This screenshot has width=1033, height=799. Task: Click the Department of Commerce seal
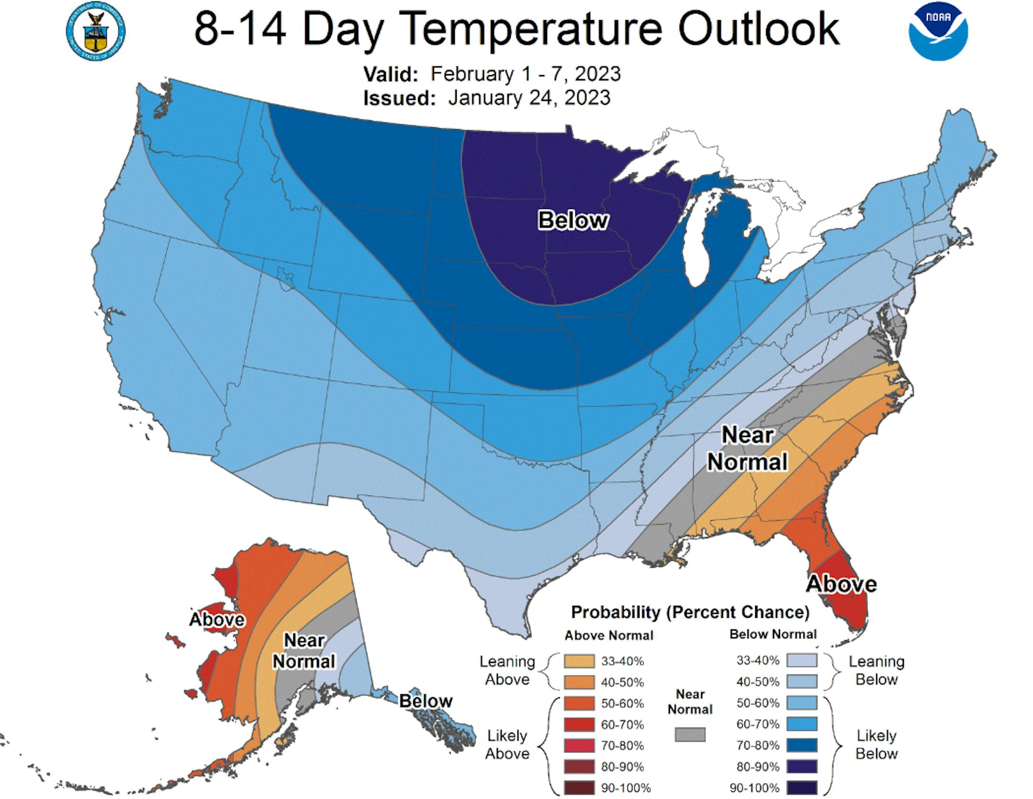[96, 33]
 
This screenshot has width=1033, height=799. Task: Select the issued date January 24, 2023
[529, 98]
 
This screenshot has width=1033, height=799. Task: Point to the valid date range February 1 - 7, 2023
[525, 74]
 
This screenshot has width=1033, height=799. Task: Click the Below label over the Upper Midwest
[573, 220]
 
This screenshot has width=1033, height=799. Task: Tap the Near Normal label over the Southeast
[747, 448]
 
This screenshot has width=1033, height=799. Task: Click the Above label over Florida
[841, 584]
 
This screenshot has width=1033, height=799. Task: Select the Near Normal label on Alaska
[304, 651]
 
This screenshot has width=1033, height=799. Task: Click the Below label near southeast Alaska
[425, 701]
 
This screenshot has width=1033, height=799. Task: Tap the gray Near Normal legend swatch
[690, 734]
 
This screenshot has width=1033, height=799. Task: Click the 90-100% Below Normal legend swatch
[802, 788]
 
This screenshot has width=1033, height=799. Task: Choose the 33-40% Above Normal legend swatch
[579, 661]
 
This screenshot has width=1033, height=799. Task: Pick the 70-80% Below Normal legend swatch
[802, 745]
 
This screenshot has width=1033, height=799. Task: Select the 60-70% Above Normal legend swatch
[579, 724]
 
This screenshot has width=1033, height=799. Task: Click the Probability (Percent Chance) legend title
[690, 612]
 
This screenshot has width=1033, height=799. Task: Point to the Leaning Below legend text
[876, 670]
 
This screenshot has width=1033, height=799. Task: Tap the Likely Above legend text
[507, 744]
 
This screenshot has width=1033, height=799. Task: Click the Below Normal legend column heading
[773, 635]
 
